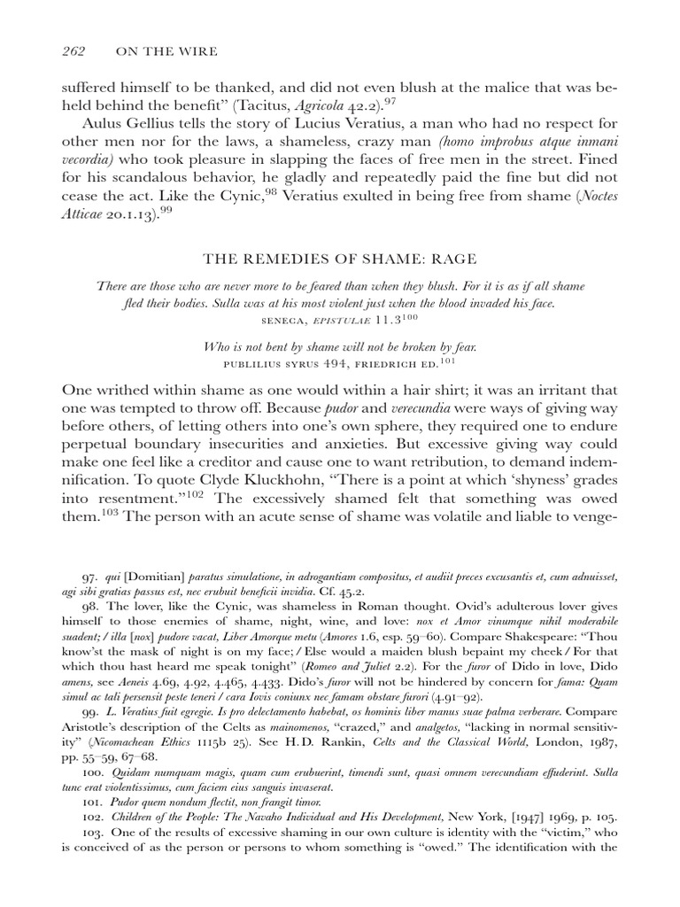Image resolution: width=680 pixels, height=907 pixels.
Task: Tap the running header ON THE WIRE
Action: (167, 51)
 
